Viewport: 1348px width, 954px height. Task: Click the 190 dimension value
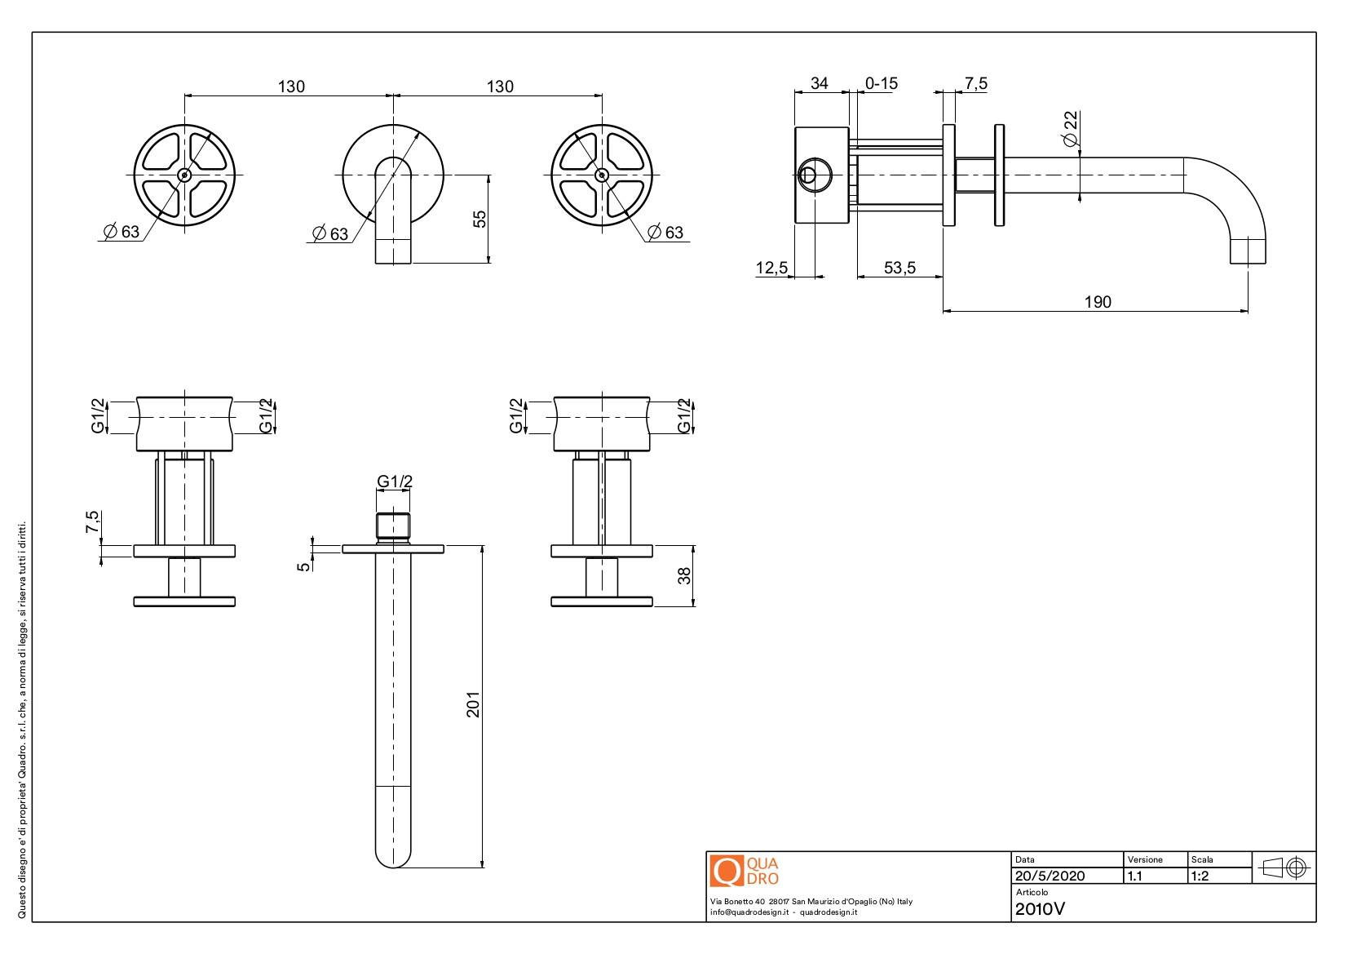(1097, 302)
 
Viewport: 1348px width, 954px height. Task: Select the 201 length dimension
(473, 704)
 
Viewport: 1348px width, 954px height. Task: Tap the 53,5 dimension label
(899, 268)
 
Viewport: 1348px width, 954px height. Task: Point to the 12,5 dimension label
(771, 268)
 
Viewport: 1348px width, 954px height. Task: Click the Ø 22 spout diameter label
(1070, 129)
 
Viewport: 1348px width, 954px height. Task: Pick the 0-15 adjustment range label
(881, 83)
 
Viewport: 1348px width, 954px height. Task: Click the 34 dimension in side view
(819, 83)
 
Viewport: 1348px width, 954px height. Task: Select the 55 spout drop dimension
(480, 219)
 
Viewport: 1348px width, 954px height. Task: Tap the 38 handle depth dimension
(683, 576)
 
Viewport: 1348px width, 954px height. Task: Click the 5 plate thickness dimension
(304, 566)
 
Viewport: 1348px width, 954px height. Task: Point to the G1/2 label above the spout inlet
(395, 481)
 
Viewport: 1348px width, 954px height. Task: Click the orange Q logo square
(726, 871)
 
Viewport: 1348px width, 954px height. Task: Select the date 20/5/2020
(1050, 876)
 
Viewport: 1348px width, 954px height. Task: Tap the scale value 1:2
(1200, 876)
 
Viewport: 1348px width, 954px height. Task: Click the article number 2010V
(1040, 908)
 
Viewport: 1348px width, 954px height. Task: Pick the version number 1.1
(1134, 876)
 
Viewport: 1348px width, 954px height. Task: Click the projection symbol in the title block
(1284, 867)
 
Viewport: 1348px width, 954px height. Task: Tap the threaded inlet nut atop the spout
(393, 526)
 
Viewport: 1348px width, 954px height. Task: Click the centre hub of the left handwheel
(184, 175)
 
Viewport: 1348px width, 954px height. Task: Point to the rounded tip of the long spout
(393, 857)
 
